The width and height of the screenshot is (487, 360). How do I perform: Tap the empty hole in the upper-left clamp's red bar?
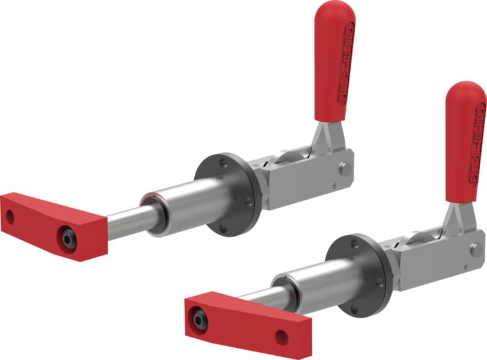10,216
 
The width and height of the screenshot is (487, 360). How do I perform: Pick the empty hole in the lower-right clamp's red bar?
281,337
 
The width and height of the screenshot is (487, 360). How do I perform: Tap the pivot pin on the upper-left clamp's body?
346,169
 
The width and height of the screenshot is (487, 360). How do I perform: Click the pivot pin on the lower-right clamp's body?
477,250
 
